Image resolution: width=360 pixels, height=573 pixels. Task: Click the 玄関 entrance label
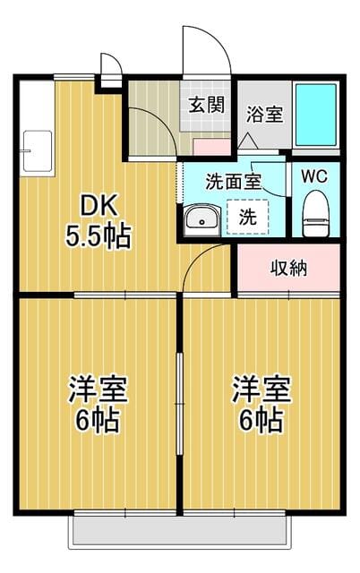(x=206, y=106)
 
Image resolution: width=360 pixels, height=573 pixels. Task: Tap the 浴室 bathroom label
(x=264, y=115)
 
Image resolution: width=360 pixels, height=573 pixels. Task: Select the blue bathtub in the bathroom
(x=316, y=115)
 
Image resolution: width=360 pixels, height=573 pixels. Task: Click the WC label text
(x=314, y=177)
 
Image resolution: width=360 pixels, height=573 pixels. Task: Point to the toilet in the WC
(x=316, y=213)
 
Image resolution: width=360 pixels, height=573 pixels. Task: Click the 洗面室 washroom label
(x=233, y=182)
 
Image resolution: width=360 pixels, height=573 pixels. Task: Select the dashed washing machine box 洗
(x=248, y=217)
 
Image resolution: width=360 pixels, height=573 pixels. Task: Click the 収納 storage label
(x=288, y=269)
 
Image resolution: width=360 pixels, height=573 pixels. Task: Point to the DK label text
(x=99, y=207)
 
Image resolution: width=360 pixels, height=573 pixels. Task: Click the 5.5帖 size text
(x=98, y=237)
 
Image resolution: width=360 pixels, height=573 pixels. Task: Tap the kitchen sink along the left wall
(x=38, y=151)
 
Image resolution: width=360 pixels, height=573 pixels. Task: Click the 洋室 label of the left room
(x=98, y=389)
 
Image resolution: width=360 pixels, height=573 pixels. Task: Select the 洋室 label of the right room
(x=261, y=389)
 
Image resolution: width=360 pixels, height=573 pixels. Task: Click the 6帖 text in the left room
(x=98, y=420)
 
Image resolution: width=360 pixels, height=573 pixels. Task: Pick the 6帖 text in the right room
(x=261, y=420)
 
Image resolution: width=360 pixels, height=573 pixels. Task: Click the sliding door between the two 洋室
(x=179, y=403)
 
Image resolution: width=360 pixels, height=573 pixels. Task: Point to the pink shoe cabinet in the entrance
(x=211, y=147)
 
